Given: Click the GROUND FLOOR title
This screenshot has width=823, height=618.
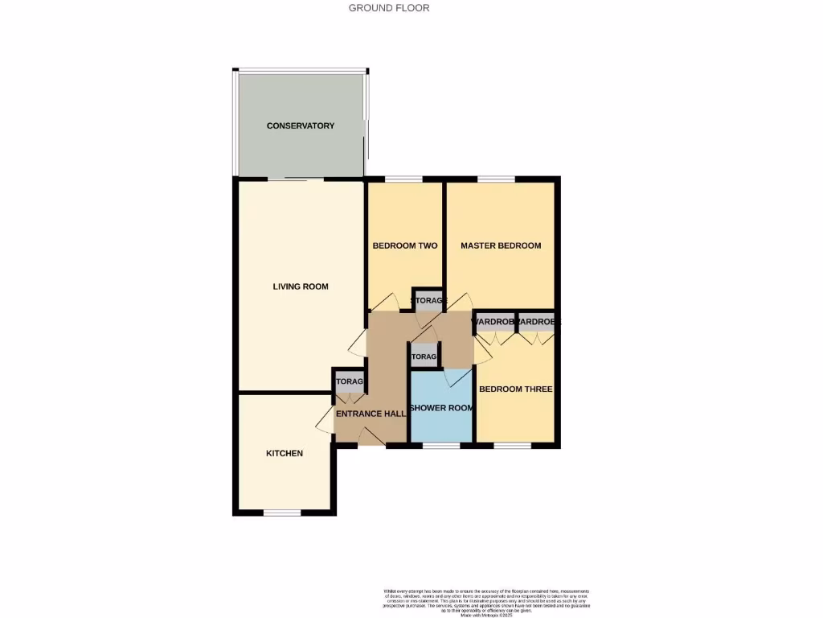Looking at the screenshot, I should point(389,8).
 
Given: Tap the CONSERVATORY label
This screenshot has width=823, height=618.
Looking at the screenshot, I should point(301,126).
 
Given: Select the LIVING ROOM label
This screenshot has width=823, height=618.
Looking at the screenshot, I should point(301,286).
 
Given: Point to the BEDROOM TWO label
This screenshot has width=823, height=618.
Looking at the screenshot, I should point(405,245).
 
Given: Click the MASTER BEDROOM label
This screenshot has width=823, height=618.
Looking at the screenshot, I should point(501,245).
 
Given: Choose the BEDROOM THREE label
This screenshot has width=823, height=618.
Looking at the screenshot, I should point(515,389).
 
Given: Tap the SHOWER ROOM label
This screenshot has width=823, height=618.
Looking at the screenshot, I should point(441,408).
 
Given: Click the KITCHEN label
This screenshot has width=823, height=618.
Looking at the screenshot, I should point(285,453).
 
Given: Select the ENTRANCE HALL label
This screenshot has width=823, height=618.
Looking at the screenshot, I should point(370,414).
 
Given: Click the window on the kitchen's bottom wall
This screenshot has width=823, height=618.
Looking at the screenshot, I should point(282,513).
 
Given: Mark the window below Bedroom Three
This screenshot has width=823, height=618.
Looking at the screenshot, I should point(512,444).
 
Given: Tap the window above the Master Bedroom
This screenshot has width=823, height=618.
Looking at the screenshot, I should point(496,179).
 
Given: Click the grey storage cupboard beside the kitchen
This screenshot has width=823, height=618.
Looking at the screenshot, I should point(349,381).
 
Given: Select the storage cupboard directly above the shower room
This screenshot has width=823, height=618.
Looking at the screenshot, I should point(424,355).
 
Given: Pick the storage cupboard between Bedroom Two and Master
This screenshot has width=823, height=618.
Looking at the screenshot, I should point(428,299).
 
